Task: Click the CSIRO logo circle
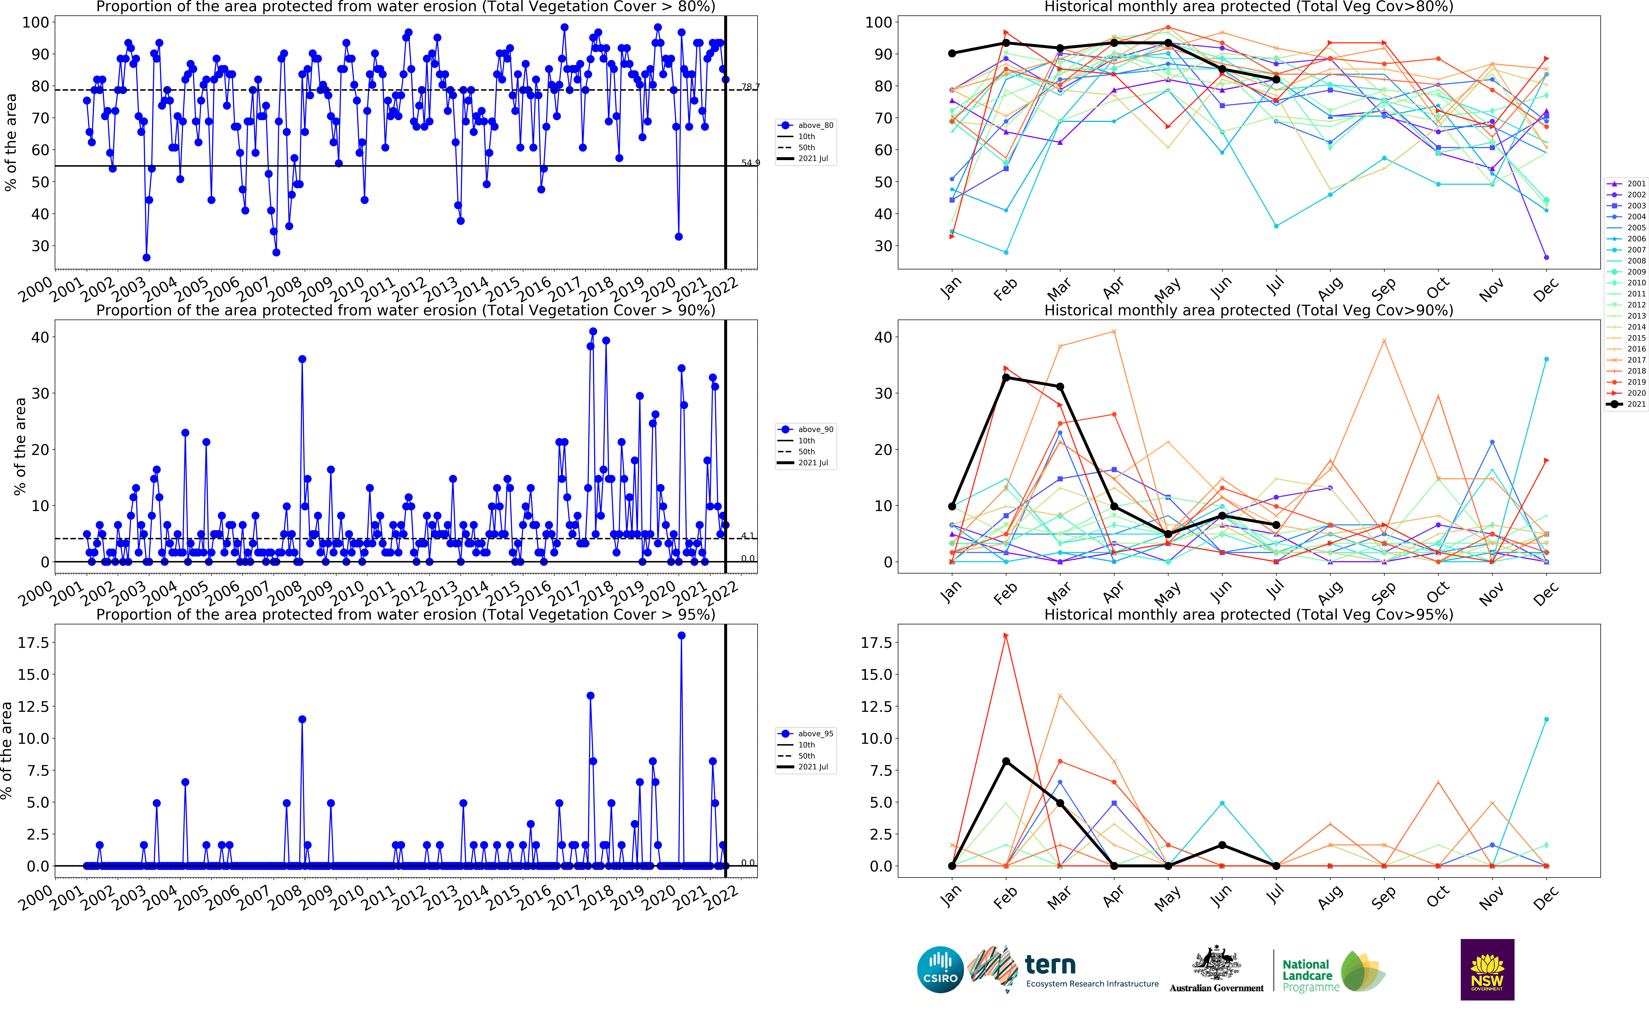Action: [x=940, y=970]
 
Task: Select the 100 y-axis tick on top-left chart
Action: [x=35, y=22]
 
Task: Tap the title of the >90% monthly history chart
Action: [x=1248, y=310]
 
